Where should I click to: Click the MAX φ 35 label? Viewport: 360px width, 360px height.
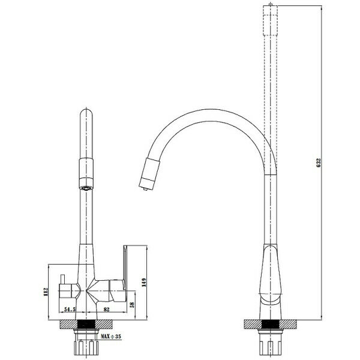113,338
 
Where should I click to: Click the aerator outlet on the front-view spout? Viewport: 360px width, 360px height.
86,187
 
